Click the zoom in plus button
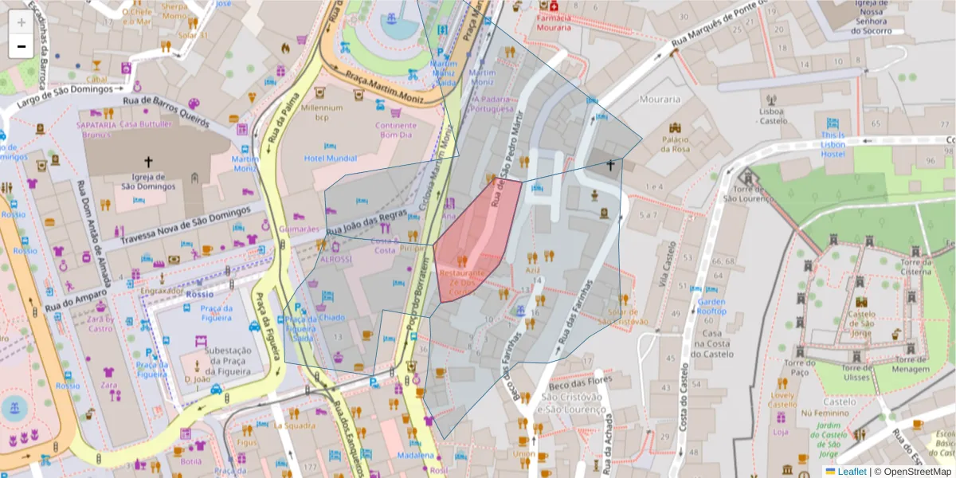click(x=21, y=22)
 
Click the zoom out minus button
click(x=21, y=46)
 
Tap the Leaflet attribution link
click(x=851, y=471)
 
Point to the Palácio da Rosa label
click(x=674, y=144)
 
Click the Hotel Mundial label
click(x=331, y=158)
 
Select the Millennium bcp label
click(x=321, y=112)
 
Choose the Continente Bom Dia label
click(x=395, y=130)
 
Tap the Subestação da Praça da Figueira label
click(x=206, y=360)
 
